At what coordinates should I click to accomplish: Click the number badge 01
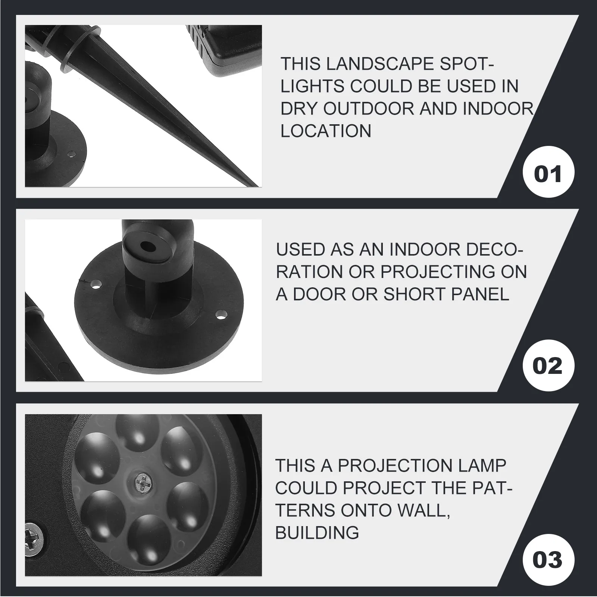pos(548,174)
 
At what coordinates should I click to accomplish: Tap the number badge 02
pos(547,366)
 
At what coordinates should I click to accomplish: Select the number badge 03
pos(547,560)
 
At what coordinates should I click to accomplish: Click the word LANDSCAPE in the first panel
pos(374,64)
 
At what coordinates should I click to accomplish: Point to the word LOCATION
pos(326,131)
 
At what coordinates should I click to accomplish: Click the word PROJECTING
pos(439,272)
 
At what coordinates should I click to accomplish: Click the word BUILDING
pos(317,532)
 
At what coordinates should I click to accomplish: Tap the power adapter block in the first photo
pos(224,49)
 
